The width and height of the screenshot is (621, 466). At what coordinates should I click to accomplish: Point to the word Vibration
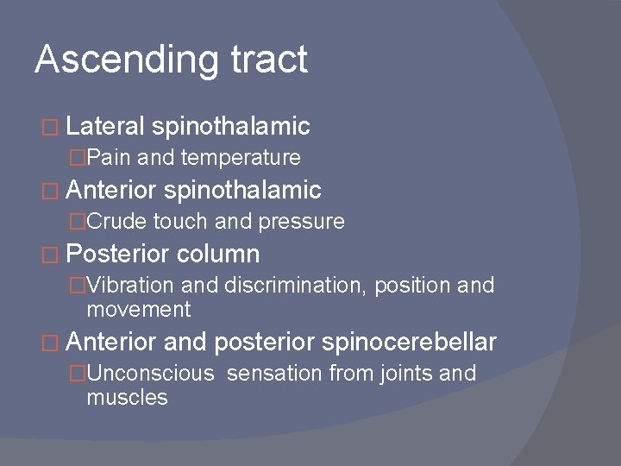coord(128,287)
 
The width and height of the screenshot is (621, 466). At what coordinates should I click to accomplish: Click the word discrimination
coord(295,287)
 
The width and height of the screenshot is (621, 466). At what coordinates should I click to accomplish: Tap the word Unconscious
coord(149,374)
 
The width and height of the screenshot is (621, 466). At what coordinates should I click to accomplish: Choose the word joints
coord(406,374)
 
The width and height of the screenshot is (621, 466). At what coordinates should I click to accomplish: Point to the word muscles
coord(127,397)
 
